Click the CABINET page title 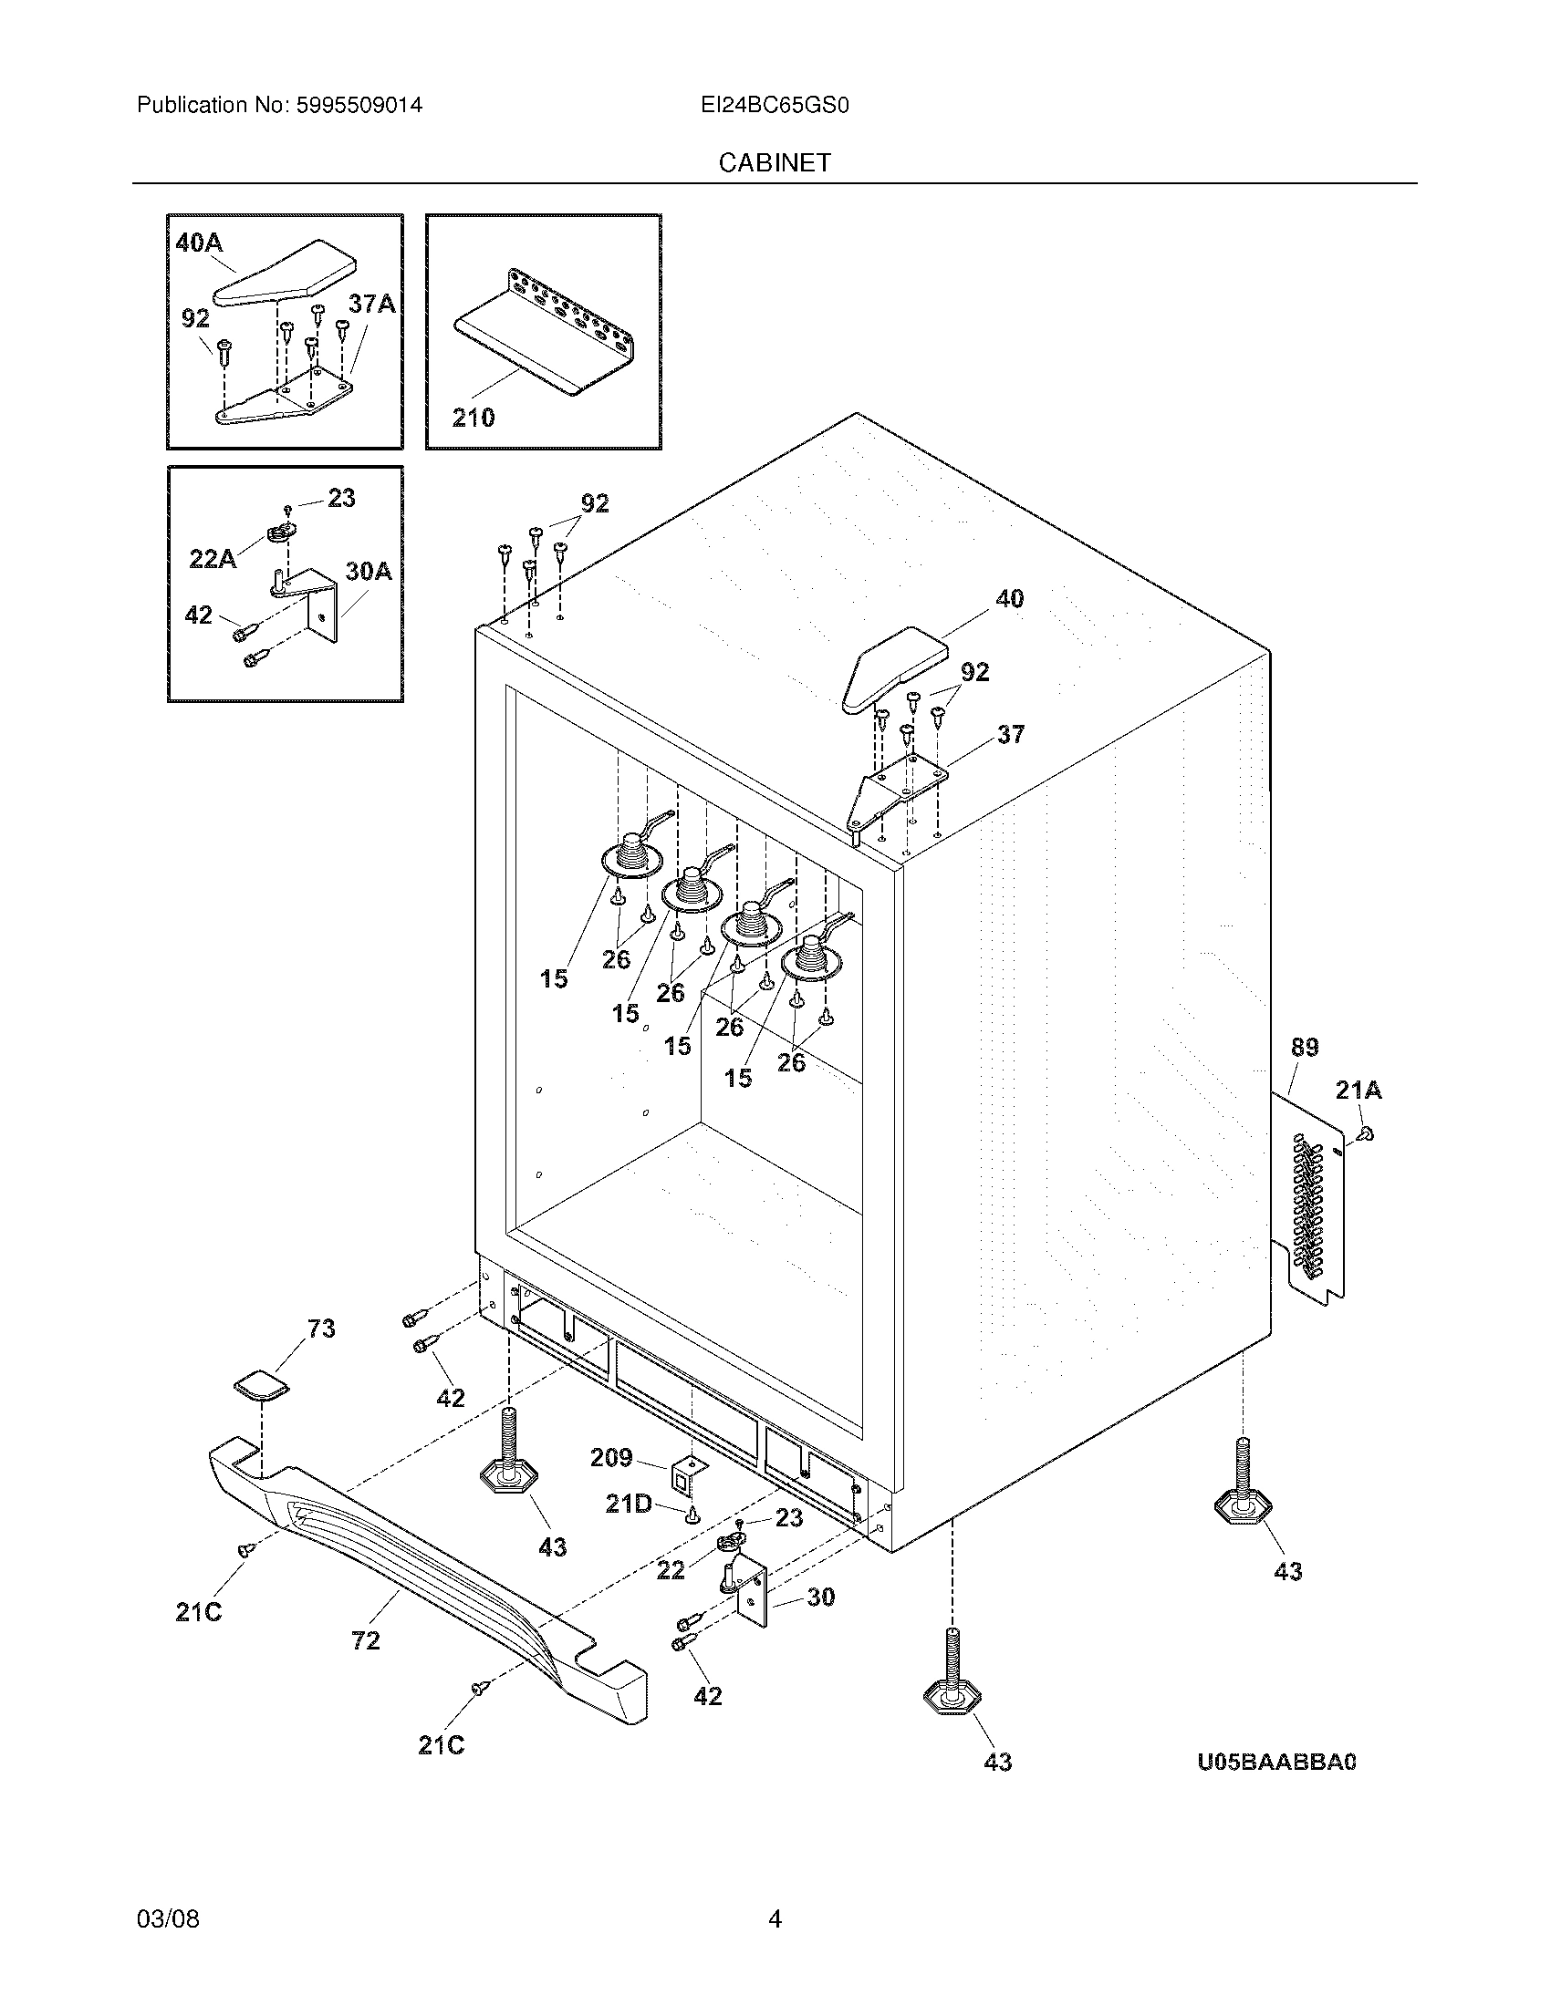pos(775,162)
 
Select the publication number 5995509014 pos(359,106)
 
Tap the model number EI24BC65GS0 pos(775,106)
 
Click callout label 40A pos(200,243)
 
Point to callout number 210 pos(474,418)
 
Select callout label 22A pos(213,558)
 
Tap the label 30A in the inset pos(369,572)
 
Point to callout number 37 pos(1010,734)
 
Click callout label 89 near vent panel pos(1304,1047)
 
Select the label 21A pos(1358,1091)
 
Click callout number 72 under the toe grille pos(366,1639)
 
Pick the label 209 pos(611,1458)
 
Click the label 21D pos(629,1504)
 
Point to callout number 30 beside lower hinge pos(820,1597)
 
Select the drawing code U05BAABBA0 pos(1276,1762)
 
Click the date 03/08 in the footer pos(168,1918)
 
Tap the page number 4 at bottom pos(775,1918)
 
